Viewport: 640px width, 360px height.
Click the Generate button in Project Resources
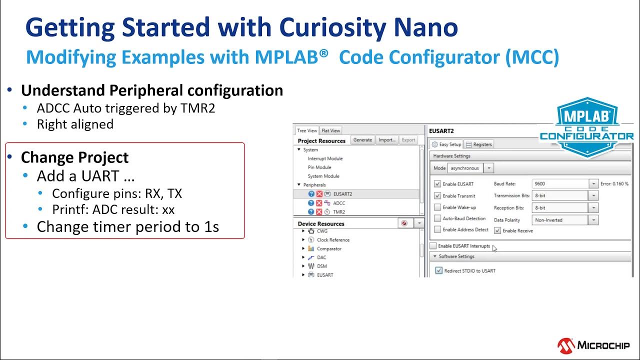[x=362, y=140]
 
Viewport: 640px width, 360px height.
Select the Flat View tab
[x=330, y=130]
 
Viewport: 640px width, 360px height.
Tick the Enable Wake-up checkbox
[x=438, y=207]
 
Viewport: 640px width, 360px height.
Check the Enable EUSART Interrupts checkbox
[x=433, y=246]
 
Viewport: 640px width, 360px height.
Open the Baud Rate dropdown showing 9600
[x=593, y=184]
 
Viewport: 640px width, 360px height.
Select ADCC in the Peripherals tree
[x=338, y=203]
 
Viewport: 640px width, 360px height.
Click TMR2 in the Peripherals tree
[x=338, y=212]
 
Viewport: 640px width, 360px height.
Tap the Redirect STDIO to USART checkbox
[x=439, y=271]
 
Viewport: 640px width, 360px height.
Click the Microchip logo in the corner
[x=593, y=345]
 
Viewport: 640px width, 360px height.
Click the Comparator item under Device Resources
[x=329, y=248]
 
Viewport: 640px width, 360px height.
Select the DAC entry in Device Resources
[x=321, y=257]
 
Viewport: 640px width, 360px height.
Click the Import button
[x=386, y=140]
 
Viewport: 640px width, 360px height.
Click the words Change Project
[x=74, y=157]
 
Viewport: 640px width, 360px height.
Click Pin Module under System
[x=319, y=167]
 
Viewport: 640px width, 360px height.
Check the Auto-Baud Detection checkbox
[x=438, y=218]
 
